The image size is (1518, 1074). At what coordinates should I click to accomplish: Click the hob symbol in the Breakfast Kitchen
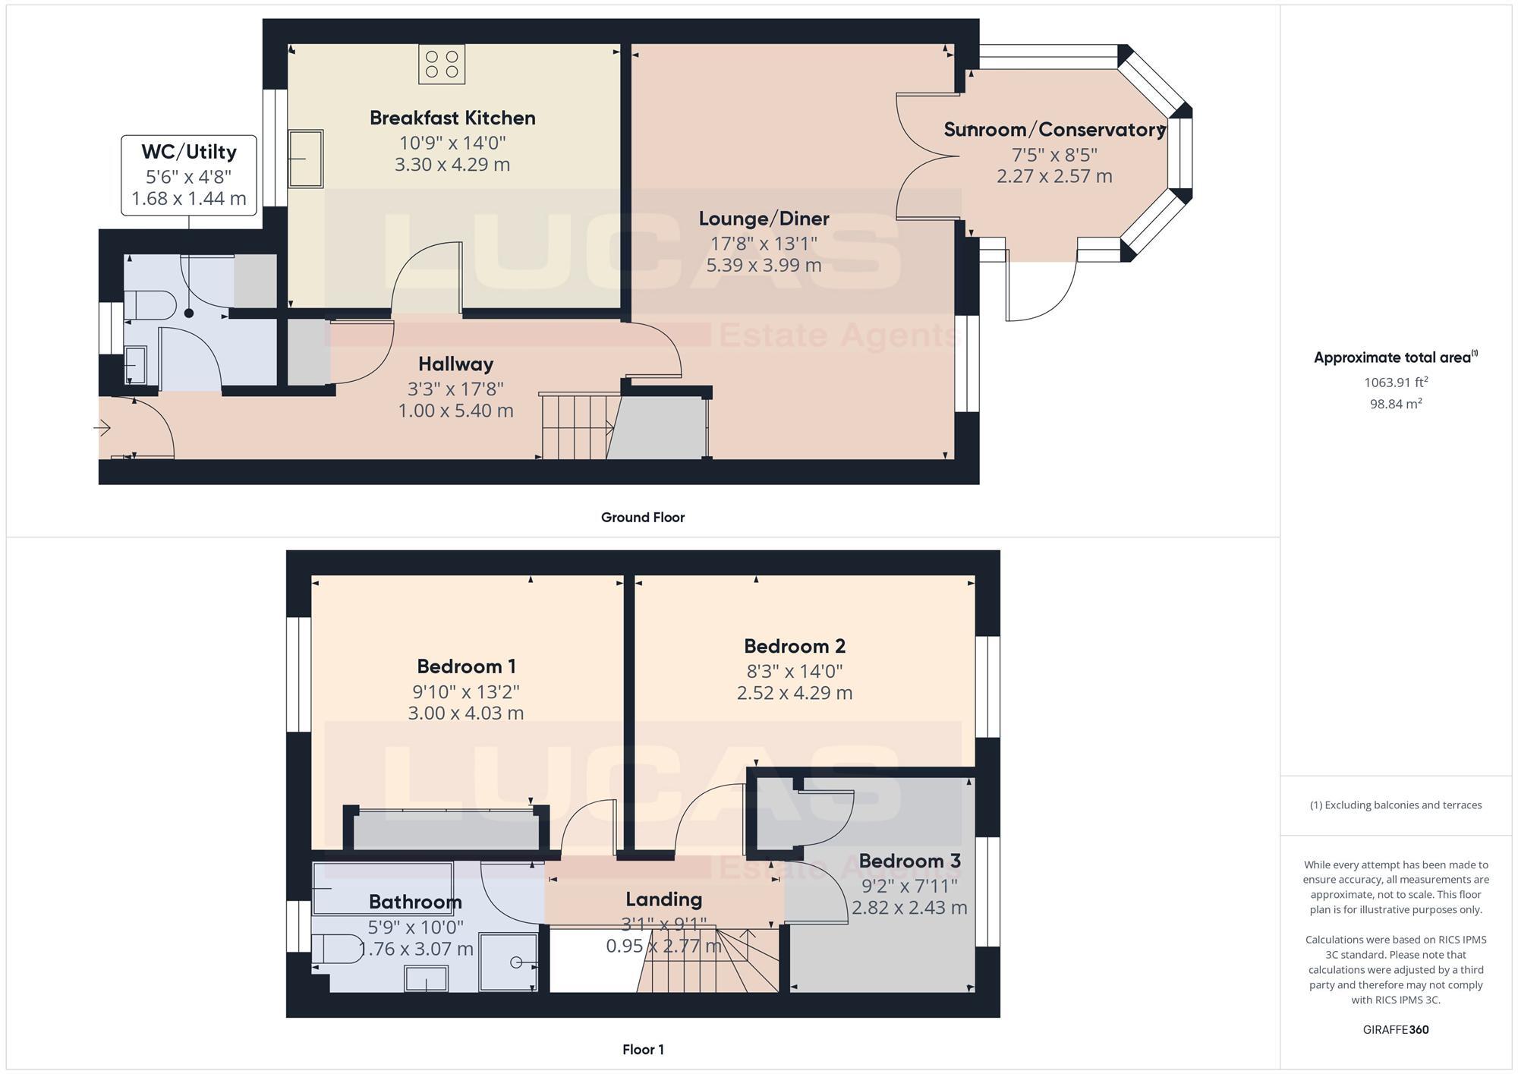coord(441,65)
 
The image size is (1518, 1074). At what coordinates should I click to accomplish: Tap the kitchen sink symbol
coord(305,159)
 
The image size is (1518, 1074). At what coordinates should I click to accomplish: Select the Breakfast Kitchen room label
coord(452,118)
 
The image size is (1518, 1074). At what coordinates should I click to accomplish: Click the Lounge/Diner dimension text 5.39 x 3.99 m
coord(764,266)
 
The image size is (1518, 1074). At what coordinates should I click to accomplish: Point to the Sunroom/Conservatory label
coord(1054,130)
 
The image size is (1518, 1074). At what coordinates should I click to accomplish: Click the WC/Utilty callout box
coord(189,175)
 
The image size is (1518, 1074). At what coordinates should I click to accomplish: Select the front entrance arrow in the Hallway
coord(102,429)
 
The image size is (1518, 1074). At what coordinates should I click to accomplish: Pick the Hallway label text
coord(455,364)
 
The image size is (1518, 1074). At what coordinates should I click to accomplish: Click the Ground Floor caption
coord(643,518)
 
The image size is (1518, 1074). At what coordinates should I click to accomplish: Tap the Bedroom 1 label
coord(466,667)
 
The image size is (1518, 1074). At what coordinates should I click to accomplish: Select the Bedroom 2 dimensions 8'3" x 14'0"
coord(794,672)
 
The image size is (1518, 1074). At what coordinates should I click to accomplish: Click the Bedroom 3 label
coord(909,861)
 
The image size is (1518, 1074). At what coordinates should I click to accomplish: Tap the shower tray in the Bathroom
coord(509,962)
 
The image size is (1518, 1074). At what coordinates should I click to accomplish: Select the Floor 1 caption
coord(643,1050)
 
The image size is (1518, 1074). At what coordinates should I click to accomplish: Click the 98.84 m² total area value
coord(1395,405)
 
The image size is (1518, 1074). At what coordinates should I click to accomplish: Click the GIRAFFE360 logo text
coord(1395,1030)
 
